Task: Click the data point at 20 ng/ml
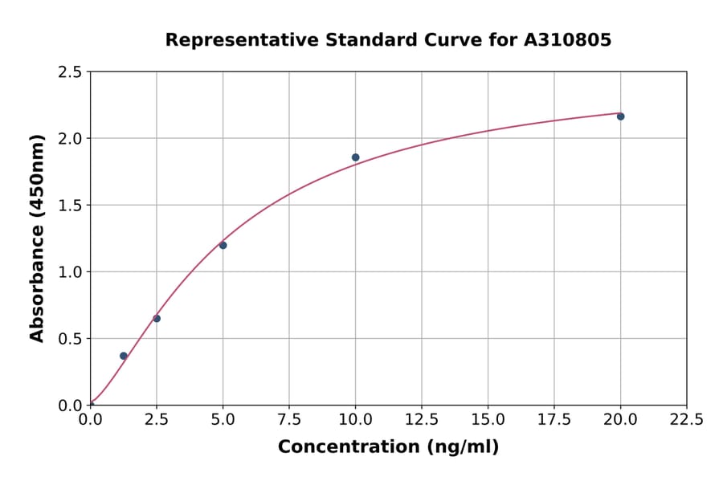pos(620,116)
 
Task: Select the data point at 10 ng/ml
pos(355,157)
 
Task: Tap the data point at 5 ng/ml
pos(223,245)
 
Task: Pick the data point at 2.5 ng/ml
pos(157,319)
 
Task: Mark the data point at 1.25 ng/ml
pos(124,356)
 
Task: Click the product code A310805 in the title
pos(568,40)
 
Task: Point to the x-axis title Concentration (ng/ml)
pos(388,447)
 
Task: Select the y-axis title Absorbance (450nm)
pos(37,238)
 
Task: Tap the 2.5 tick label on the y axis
pos(70,72)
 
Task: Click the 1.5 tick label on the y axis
pos(70,206)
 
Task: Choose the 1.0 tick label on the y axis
pos(70,272)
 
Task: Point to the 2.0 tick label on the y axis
pos(70,139)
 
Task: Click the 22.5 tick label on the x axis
pos(686,419)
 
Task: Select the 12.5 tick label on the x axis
pos(421,419)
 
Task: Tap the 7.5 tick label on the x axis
pos(289,419)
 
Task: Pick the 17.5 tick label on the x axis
pos(553,419)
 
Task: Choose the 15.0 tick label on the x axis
pos(488,419)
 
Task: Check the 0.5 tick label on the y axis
pos(70,339)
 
